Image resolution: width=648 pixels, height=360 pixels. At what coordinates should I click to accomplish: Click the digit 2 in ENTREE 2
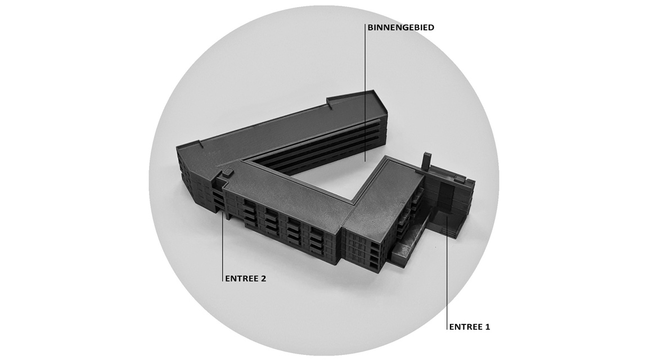pyautogui.click(x=263, y=278)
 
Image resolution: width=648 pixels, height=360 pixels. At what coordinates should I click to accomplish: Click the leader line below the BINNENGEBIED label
pyautogui.click(x=365, y=92)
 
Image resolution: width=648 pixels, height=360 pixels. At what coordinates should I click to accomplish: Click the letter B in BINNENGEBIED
pyautogui.click(x=370, y=28)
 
